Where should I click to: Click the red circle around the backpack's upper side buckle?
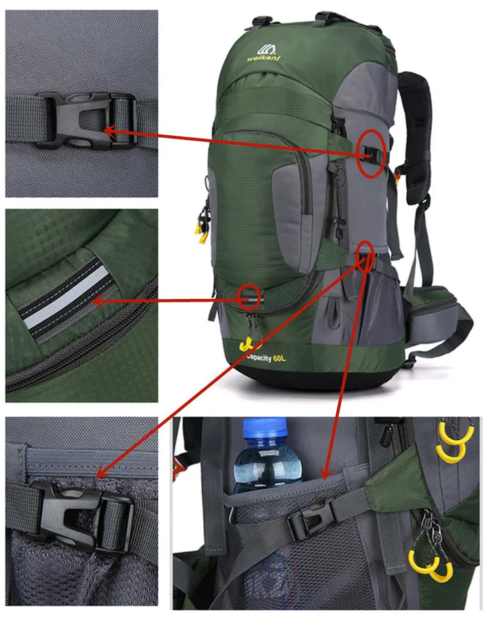(x=371, y=154)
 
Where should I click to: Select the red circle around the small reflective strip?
(x=250, y=296)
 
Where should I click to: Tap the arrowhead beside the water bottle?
(x=325, y=474)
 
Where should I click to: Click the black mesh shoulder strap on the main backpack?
(x=416, y=116)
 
